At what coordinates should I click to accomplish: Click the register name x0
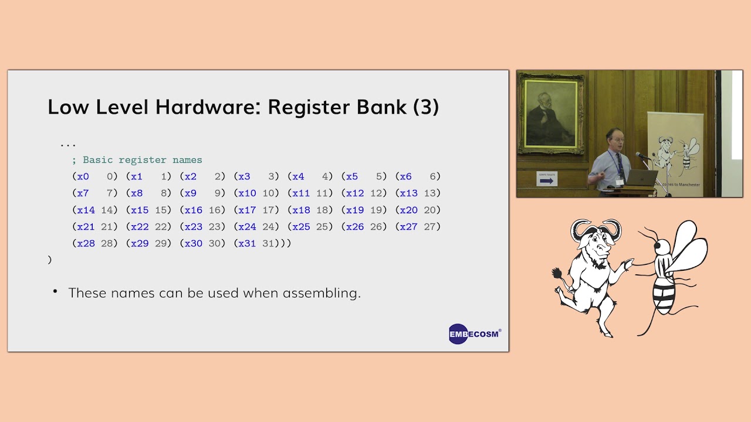[x=83, y=176]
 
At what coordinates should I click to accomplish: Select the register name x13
[x=408, y=193]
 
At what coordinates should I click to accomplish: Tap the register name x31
[x=247, y=243]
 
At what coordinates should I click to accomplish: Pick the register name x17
[x=247, y=210]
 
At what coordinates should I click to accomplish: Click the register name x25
[x=301, y=227]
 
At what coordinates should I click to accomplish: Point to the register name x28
[x=86, y=243]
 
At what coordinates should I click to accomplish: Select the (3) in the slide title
[x=426, y=107]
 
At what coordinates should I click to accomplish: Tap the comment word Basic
[x=98, y=160]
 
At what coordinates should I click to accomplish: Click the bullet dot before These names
[x=55, y=291]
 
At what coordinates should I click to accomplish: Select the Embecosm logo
[x=474, y=334]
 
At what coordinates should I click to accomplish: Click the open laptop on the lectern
[x=641, y=178]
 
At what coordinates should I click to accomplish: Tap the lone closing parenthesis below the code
[x=50, y=260]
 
